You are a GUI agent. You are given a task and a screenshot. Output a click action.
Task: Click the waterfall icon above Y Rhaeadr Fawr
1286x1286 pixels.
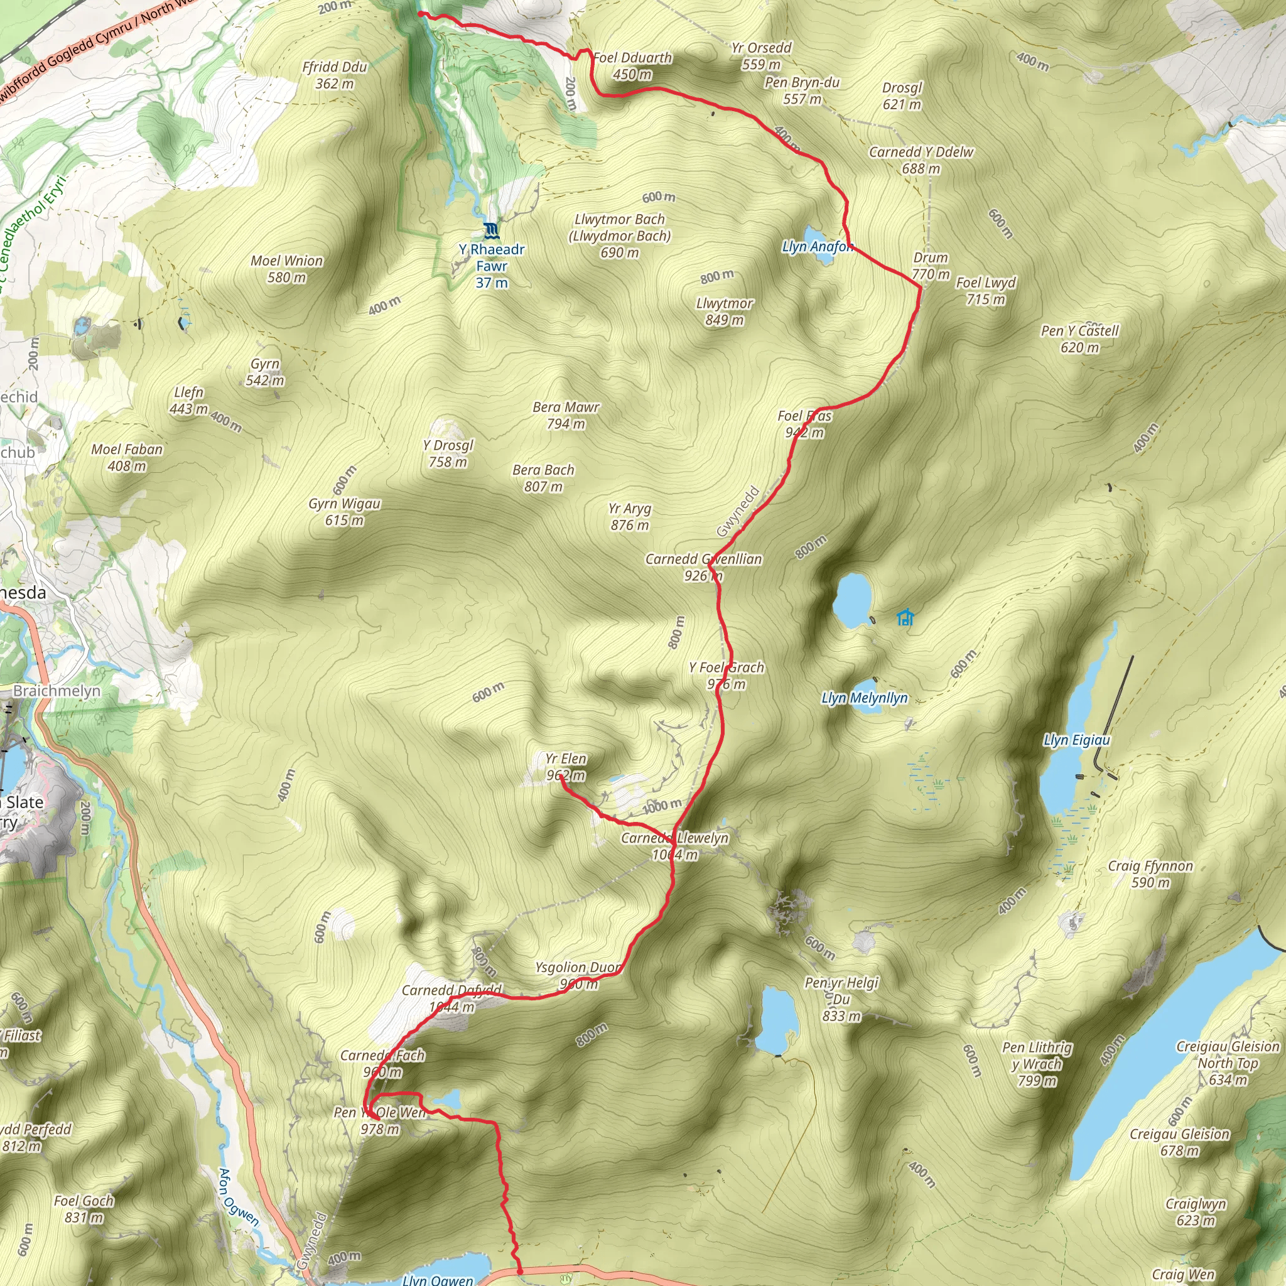pos(491,231)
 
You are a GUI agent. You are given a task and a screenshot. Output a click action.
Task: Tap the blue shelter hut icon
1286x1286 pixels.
pos(905,618)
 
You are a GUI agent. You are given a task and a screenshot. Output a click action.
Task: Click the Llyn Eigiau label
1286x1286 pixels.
pos(1076,740)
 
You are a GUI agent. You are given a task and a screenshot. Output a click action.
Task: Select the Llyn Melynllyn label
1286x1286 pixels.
pos(864,698)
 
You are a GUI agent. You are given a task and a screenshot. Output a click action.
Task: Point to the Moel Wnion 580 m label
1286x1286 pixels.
pos(287,269)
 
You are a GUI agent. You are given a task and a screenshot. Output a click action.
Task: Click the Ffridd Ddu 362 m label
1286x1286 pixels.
pos(334,75)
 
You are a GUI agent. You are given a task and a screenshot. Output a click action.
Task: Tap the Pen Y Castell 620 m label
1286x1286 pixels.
pos(1079,339)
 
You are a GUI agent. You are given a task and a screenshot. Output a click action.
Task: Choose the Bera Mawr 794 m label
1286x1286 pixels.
pos(566,415)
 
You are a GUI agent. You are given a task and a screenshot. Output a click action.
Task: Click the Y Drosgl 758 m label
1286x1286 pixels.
pos(448,453)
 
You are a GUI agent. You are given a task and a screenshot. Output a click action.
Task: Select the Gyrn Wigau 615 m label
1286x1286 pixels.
pos(344,512)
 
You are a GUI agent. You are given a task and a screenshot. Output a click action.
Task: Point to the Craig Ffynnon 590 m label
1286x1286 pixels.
pos(1150,874)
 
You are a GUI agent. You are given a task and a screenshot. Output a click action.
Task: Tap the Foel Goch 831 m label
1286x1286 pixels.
pos(84,1209)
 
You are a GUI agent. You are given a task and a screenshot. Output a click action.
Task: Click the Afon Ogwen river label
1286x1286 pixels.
pos(238,1197)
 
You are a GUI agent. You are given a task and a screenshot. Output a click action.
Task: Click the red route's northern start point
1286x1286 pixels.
pos(420,13)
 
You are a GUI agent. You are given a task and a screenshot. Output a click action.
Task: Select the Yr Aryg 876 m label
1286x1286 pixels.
pos(630,517)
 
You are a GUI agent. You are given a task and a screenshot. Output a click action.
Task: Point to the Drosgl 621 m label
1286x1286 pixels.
pos(902,96)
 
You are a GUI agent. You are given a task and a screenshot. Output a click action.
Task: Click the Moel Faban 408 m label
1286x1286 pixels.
pos(127,457)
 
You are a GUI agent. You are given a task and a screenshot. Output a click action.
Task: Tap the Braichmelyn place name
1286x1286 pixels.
pos(57,691)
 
